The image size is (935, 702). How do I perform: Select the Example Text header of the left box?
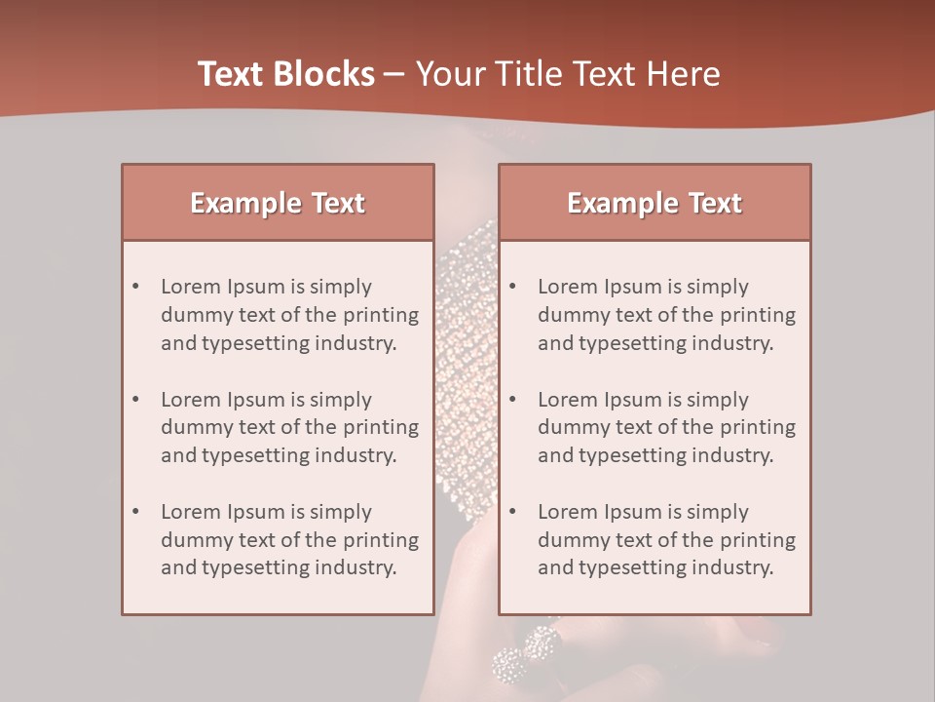coord(278,203)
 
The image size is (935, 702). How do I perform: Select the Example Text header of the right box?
coord(654,203)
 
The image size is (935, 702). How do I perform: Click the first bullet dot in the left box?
coord(136,287)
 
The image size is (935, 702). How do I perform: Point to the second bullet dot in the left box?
coord(136,400)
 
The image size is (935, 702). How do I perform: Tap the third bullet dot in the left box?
coord(136,512)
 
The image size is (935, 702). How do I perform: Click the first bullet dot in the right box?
coord(513,287)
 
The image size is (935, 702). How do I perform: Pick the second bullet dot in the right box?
coord(513,400)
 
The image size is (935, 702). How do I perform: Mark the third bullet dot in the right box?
coord(513,512)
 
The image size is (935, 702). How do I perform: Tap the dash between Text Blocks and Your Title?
coord(395,74)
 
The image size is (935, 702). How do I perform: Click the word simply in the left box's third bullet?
coord(341,512)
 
